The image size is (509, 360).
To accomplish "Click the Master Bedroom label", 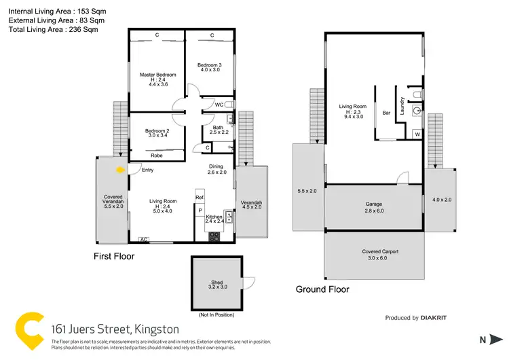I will pos(157,75).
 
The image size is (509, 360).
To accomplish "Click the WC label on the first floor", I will pos(219,105).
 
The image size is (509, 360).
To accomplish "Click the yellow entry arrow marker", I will pos(121,170).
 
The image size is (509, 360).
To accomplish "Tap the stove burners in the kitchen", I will pos(214,236).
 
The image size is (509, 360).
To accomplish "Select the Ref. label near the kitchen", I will pos(200,198).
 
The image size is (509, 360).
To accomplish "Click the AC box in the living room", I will pos(144,240).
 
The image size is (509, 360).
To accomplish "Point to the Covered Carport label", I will pos(375,251).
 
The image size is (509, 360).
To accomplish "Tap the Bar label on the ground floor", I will pos(386,113).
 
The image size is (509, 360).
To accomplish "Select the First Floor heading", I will pos(113,257).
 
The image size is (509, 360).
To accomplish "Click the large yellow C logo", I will pos(29,329).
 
